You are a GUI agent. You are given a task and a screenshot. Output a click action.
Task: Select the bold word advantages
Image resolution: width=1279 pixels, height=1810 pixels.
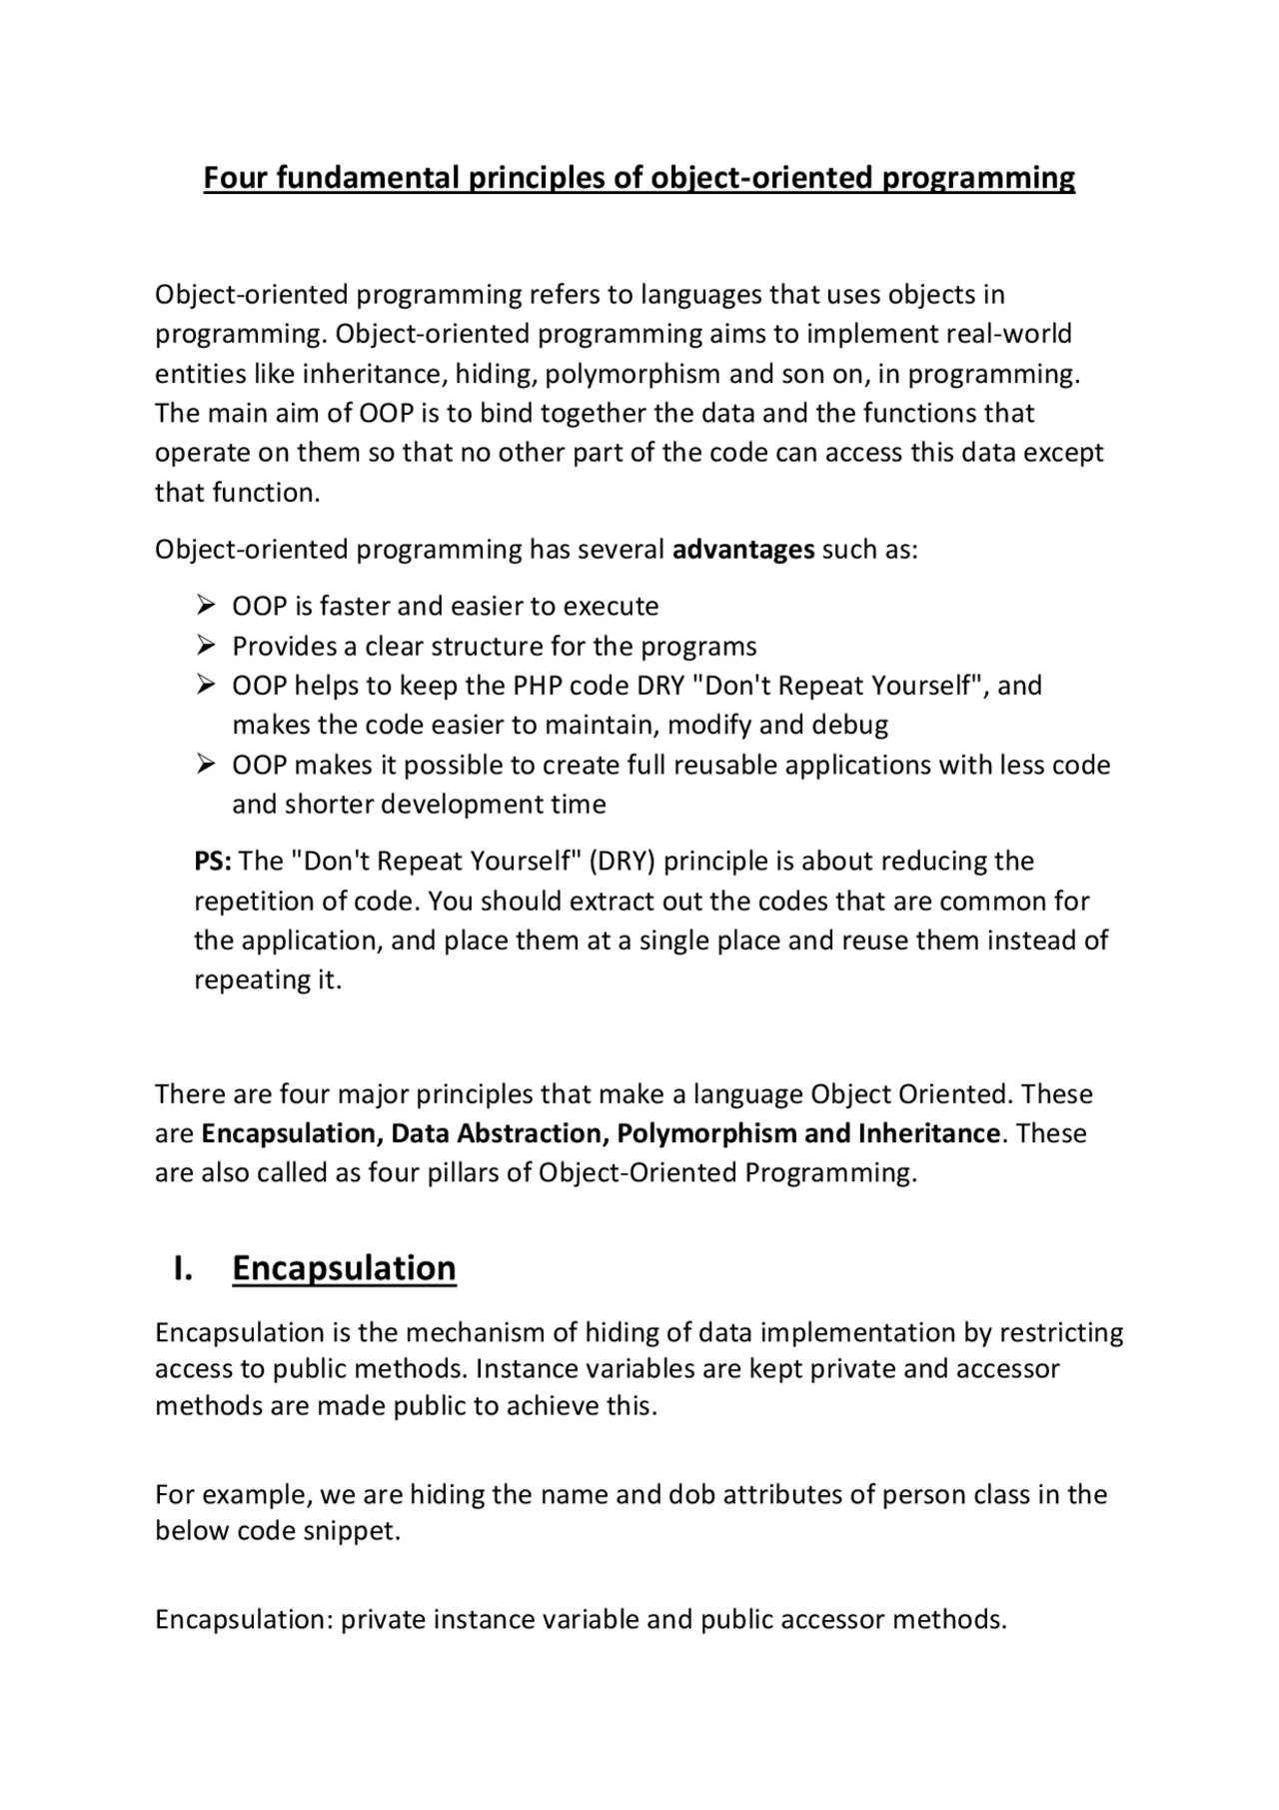point(743,550)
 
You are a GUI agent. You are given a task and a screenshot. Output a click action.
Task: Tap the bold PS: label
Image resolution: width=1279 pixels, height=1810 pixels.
point(213,862)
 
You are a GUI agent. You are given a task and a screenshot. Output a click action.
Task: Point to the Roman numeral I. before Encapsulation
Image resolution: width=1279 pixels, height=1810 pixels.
point(183,1267)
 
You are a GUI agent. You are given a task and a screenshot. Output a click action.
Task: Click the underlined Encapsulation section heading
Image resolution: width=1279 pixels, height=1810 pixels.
point(344,1267)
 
